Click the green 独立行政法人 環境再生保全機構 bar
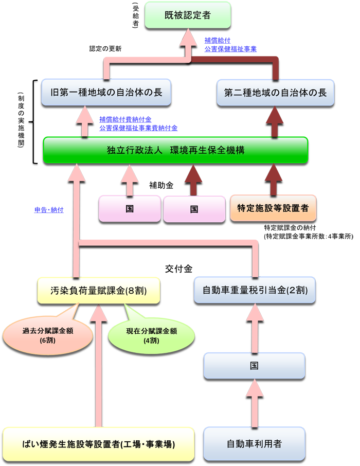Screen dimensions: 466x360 click(175, 150)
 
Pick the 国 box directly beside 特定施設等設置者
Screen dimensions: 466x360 click(194, 209)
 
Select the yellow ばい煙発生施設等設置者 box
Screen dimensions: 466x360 click(99, 443)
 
